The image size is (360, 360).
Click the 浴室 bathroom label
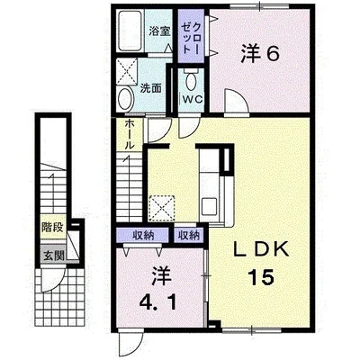[x=159, y=31]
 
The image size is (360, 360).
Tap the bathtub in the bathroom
[x=130, y=31]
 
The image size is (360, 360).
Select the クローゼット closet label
[x=191, y=36]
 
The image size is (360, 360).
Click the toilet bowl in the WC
[x=191, y=80]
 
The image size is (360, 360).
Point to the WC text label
[x=192, y=100]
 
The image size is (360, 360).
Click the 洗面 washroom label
[x=151, y=88]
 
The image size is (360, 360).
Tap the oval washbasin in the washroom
[x=126, y=99]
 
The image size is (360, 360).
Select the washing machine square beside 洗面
[x=127, y=71]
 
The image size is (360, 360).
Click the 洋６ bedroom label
[x=260, y=54]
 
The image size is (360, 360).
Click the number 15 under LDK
[x=260, y=277]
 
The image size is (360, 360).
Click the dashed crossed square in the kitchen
[x=162, y=208]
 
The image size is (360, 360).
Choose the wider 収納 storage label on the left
[x=143, y=236]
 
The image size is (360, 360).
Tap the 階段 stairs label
[x=52, y=227]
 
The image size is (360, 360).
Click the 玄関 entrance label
[x=54, y=256]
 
